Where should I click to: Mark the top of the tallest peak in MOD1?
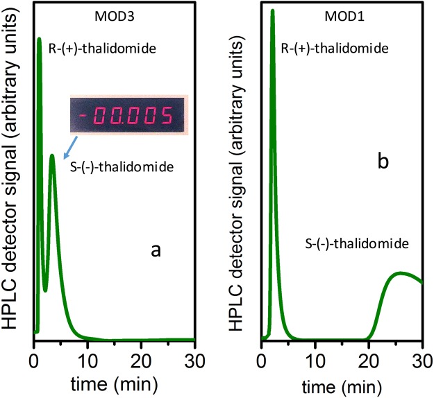(272, 10)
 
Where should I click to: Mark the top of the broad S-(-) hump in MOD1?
(401, 272)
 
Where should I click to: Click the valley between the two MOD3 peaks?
(45, 290)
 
